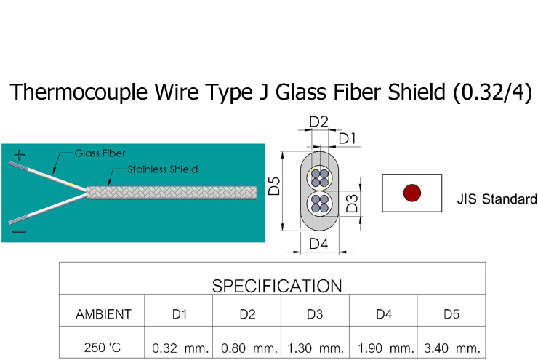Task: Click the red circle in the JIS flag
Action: click(411, 193)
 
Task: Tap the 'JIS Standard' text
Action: click(497, 199)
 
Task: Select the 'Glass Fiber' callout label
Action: click(100, 153)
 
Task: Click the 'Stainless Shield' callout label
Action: click(163, 169)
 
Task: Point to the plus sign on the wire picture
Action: click(20, 155)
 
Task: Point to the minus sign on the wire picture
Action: click(20, 232)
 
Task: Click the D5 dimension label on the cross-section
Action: click(274, 185)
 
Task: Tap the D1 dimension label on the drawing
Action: click(347, 137)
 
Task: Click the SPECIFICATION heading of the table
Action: click(276, 285)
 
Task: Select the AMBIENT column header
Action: click(103, 314)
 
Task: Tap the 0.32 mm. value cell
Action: click(180, 348)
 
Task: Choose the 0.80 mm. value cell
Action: click(248, 348)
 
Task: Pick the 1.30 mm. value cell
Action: click(316, 348)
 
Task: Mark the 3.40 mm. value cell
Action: click(451, 348)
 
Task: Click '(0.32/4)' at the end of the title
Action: click(492, 92)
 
